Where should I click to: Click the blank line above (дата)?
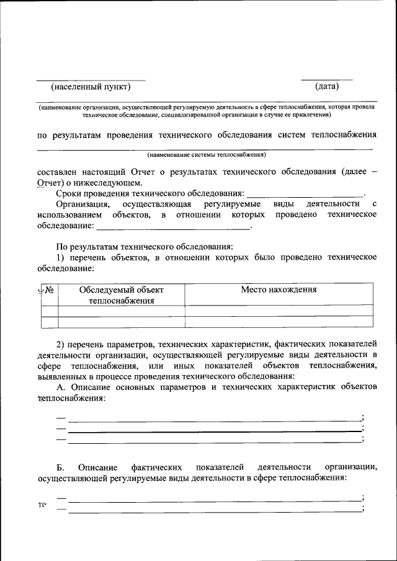[326, 79]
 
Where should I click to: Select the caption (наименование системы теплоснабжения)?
[207, 154]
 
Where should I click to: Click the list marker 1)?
[61, 257]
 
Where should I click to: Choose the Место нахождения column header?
[279, 289]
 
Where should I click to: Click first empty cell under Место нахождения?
[279, 311]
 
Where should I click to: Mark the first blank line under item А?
[214, 420]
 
